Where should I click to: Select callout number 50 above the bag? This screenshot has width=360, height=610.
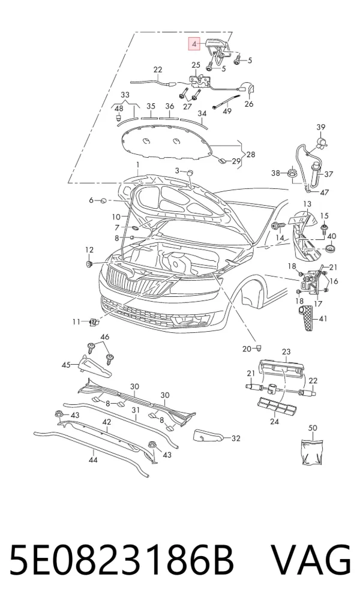click(313, 428)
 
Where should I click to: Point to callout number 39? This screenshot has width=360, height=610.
click(320, 127)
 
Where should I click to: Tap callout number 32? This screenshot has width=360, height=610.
click(235, 438)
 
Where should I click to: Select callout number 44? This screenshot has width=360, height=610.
click(93, 460)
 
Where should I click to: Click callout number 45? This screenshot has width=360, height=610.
click(67, 365)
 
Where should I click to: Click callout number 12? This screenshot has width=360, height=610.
click(89, 250)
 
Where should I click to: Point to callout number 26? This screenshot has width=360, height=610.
click(248, 104)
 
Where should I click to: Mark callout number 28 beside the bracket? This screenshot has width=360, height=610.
click(251, 154)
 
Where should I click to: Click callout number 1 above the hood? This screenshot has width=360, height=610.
click(137, 165)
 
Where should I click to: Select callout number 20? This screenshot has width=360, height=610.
click(247, 349)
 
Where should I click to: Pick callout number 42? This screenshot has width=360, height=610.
click(107, 422)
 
